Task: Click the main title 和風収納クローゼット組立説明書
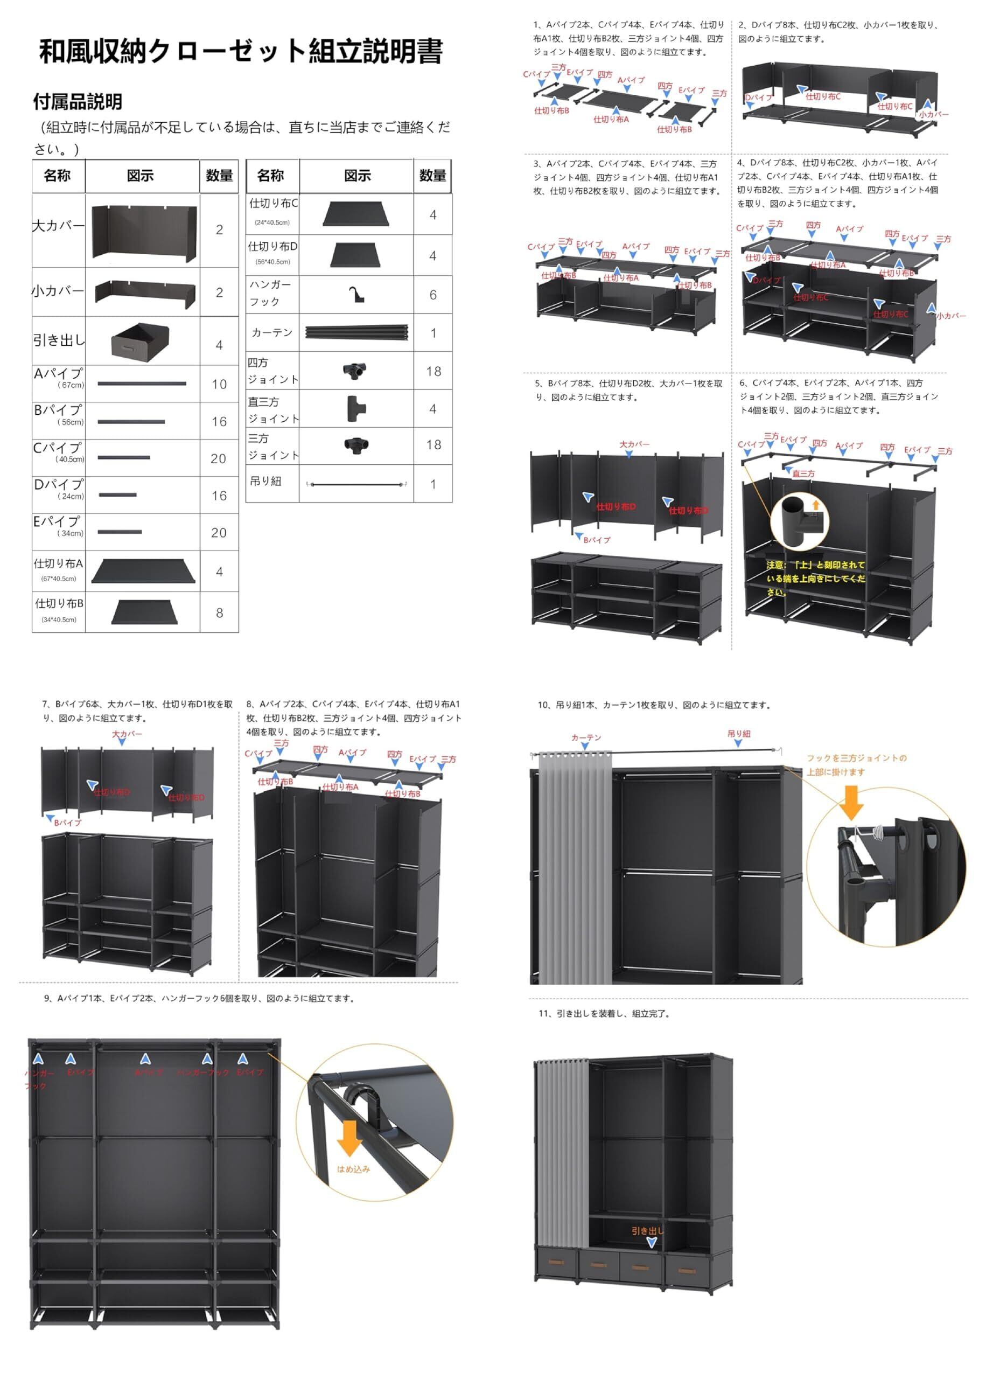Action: click(241, 52)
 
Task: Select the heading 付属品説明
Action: click(78, 101)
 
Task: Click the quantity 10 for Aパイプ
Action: click(219, 385)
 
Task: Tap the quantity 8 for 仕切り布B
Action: click(219, 612)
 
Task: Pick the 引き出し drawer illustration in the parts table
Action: click(139, 340)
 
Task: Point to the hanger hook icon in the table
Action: click(356, 295)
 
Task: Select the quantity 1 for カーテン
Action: click(433, 333)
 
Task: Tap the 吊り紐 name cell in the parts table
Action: click(266, 482)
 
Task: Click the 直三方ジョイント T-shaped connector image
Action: click(356, 409)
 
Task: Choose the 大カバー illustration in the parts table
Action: click(144, 231)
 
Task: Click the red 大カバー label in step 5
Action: click(634, 444)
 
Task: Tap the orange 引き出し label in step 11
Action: click(647, 1231)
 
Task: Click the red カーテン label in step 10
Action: click(586, 737)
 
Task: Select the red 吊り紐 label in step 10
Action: click(739, 734)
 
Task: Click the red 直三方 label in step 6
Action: click(803, 473)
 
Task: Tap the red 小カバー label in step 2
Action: click(933, 114)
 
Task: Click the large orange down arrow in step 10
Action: click(852, 803)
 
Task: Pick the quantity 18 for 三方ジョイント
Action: click(433, 445)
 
